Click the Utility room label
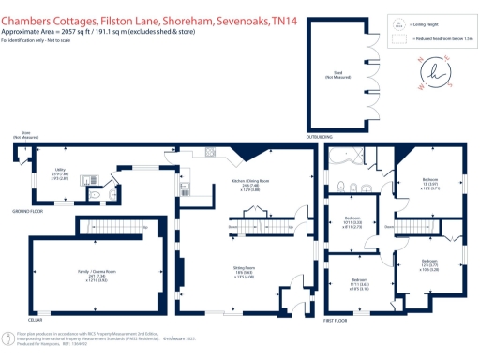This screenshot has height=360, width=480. pyautogui.click(x=57, y=176)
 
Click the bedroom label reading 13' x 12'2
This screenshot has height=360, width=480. pyautogui.click(x=430, y=185)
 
